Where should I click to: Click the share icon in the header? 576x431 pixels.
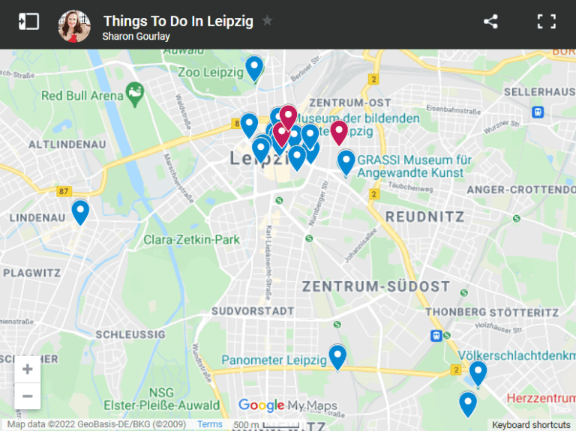[490, 22]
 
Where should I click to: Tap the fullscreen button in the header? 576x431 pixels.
[546, 22]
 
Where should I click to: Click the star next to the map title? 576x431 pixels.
[268, 21]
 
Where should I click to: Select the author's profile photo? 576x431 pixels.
[74, 25]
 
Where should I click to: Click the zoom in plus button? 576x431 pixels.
[28, 369]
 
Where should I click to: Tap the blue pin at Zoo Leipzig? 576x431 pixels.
[255, 67]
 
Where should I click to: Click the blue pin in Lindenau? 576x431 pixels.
[80, 211]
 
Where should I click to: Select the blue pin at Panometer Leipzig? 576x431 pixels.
[337, 356]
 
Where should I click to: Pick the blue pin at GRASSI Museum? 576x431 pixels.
[346, 161]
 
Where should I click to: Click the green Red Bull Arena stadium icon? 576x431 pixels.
[136, 93]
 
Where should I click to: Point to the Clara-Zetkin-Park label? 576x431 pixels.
[191, 240]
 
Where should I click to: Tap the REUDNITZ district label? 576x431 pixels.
[424, 217]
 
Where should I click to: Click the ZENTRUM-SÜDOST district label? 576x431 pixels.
[376, 286]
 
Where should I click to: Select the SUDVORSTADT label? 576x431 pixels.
[253, 310]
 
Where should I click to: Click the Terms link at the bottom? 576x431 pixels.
[210, 424]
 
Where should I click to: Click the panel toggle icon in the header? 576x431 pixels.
[28, 22]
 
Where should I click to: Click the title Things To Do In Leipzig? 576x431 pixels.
[178, 21]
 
